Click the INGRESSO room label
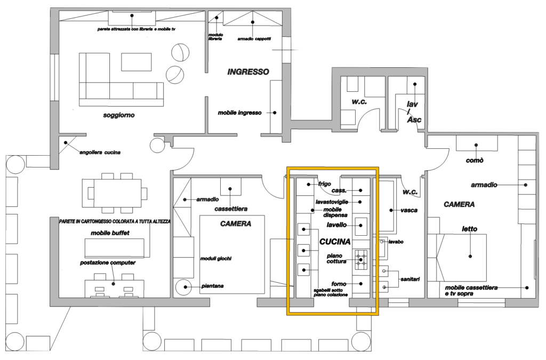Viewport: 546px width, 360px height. pyautogui.click(x=248, y=72)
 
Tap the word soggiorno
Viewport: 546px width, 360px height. pyautogui.click(x=119, y=115)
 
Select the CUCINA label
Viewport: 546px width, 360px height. pyautogui.click(x=335, y=242)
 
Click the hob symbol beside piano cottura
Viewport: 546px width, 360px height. pyautogui.click(x=361, y=260)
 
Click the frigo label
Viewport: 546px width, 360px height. pyautogui.click(x=325, y=184)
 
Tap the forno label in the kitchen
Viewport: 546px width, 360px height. pyautogui.click(x=339, y=284)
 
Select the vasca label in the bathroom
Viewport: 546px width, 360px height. pyautogui.click(x=409, y=210)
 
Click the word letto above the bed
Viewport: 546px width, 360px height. pyautogui.click(x=469, y=229)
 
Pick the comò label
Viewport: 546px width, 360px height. pyautogui.click(x=475, y=161)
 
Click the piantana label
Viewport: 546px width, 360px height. pyautogui.click(x=212, y=286)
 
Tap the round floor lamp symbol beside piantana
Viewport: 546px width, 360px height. pyautogui.click(x=184, y=287)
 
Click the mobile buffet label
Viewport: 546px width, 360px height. pyautogui.click(x=110, y=233)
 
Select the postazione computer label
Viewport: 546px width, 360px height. pyautogui.click(x=108, y=263)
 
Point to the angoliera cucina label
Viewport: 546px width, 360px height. pyautogui.click(x=100, y=153)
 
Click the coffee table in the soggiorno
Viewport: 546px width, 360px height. pyautogui.click(x=136, y=62)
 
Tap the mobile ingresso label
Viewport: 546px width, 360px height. pyautogui.click(x=239, y=113)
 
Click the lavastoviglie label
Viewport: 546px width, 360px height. pyautogui.click(x=332, y=202)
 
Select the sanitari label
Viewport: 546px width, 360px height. pyautogui.click(x=410, y=279)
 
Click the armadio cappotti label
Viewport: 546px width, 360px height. pyautogui.click(x=254, y=39)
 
